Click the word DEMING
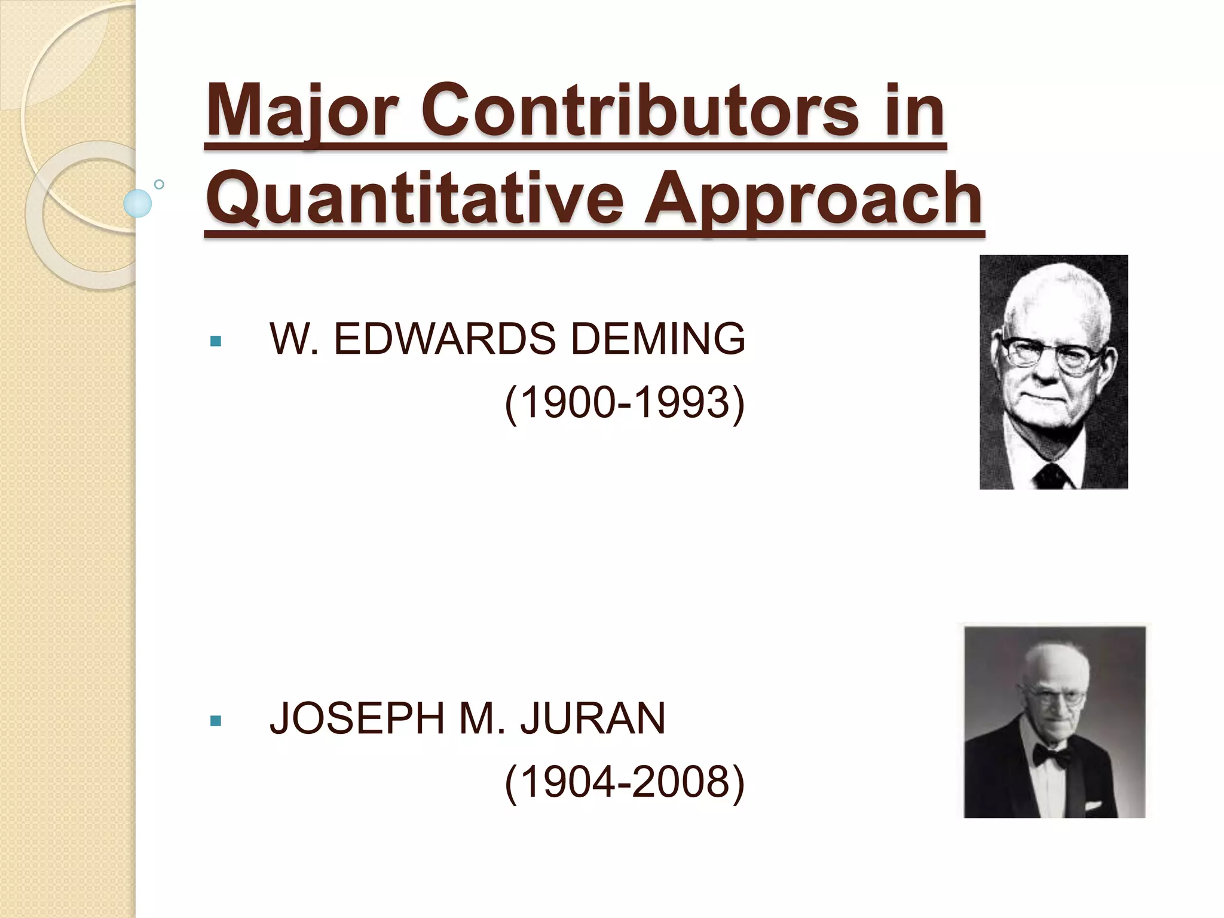coord(658,339)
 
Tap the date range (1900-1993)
coord(625,402)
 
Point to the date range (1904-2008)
coord(625,782)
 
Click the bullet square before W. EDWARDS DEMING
coord(216,342)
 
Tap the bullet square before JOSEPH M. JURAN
coord(216,721)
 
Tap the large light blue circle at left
coord(137,203)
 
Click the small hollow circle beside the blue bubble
coord(159,184)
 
